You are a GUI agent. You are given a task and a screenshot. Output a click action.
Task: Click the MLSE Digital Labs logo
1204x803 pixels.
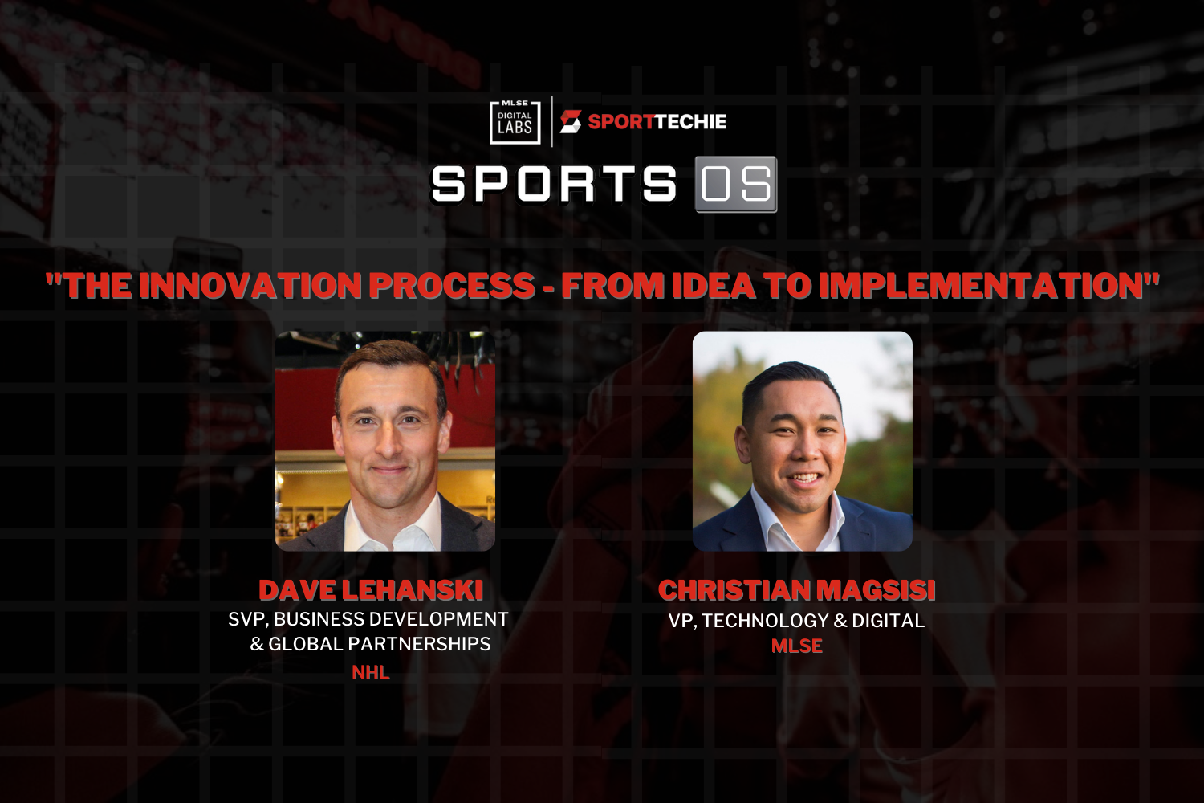coord(515,122)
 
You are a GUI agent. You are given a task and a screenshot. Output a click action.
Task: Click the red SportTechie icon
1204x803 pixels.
coord(570,121)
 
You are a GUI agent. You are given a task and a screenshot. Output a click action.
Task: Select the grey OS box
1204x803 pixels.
coord(736,185)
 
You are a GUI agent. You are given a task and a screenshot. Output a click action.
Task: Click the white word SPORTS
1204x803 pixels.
coord(554,184)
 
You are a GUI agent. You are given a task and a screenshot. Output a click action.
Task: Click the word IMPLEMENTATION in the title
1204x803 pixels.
coord(983,286)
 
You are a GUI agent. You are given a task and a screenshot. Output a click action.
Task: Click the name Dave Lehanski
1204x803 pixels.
coord(371,590)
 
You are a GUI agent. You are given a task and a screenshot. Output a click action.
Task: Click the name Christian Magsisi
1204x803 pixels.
coord(796,590)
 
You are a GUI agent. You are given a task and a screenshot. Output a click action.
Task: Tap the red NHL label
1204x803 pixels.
coord(371,672)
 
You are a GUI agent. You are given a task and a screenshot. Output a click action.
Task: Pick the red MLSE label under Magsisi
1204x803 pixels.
coord(796,646)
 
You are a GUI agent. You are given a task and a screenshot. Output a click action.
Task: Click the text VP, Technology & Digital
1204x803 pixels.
coord(796,621)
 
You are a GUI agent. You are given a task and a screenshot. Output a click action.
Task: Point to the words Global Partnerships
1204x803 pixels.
coord(380,644)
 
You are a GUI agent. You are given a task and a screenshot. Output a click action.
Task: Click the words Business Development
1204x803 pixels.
coord(391,619)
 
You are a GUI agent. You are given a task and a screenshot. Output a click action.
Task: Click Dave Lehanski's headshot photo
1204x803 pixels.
coord(384,441)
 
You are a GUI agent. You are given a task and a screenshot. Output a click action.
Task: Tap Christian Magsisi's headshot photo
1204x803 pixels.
coord(802,441)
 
